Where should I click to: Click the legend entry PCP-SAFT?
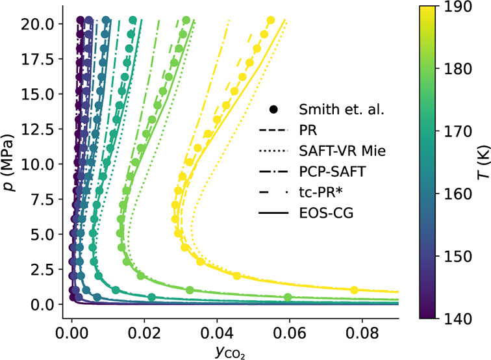331,171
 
